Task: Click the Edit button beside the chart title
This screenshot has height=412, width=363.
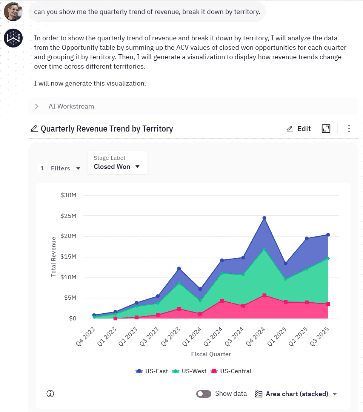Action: click(298, 129)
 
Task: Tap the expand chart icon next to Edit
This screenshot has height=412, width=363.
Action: click(326, 129)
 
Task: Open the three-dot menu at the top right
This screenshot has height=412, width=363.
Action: click(349, 129)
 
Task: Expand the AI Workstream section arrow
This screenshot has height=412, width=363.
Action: click(37, 106)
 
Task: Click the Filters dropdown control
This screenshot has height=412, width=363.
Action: click(65, 168)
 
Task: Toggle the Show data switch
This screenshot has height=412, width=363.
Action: click(204, 394)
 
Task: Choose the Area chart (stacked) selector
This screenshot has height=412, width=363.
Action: click(296, 394)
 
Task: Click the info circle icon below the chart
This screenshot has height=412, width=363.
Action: click(50, 394)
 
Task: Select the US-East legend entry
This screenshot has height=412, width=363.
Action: click(152, 371)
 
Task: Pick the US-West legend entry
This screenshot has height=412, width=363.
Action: click(189, 371)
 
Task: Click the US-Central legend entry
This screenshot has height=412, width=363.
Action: click(231, 371)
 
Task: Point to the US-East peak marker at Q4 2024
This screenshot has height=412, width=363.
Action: click(264, 218)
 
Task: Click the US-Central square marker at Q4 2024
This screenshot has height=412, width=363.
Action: click(264, 296)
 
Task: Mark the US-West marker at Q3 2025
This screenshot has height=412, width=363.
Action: click(328, 258)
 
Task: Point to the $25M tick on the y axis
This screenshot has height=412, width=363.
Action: click(68, 216)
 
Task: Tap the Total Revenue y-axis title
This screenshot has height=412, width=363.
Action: click(54, 257)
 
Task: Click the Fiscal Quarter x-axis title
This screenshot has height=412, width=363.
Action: click(211, 354)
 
